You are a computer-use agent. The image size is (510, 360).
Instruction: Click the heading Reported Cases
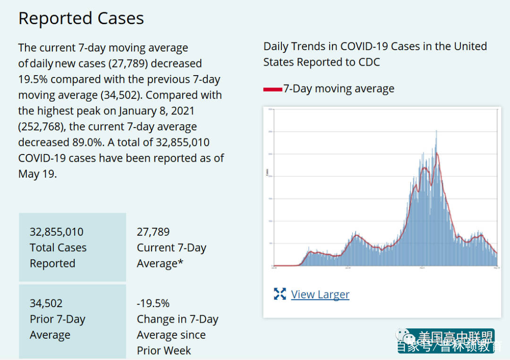tap(81, 18)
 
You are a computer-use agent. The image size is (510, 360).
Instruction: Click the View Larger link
tap(320, 294)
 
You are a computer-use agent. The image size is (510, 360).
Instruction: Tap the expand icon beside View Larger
tap(280, 294)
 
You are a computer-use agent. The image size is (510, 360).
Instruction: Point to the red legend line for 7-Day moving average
tap(272, 89)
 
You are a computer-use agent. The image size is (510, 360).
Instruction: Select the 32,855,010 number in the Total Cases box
tap(56, 232)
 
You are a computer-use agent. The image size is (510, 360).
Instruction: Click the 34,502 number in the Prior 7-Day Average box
tap(46, 303)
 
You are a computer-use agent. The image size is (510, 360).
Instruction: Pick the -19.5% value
tap(153, 303)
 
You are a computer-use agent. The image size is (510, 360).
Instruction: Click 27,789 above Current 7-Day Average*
tap(153, 232)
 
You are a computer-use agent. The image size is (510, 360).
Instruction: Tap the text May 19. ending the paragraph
tap(37, 174)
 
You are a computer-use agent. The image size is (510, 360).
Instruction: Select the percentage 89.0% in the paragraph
tap(90, 142)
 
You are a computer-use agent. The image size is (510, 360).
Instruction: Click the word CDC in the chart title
tap(369, 62)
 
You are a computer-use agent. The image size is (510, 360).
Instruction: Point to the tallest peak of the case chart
tap(436, 131)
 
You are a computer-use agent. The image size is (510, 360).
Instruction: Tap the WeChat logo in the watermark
tap(405, 336)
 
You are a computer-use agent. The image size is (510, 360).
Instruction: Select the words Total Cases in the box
tap(58, 248)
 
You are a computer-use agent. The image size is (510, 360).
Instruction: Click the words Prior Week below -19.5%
tap(164, 351)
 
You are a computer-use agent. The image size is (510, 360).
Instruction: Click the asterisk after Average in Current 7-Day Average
tap(180, 263)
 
